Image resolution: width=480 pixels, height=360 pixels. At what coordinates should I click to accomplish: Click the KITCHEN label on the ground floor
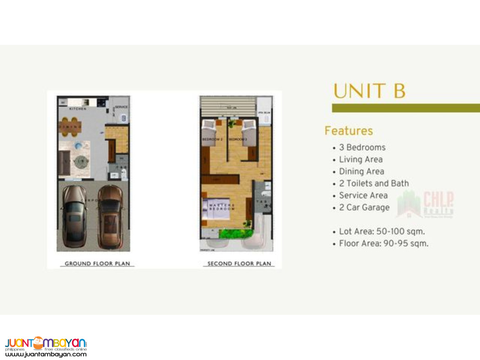pyautogui.click(x=78, y=109)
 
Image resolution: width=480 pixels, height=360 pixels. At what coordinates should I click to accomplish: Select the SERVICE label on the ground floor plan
pyautogui.click(x=121, y=107)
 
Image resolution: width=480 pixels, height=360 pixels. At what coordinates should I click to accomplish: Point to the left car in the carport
pyautogui.click(x=74, y=215)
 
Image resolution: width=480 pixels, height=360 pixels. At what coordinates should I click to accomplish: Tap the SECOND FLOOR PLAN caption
pyautogui.click(x=239, y=264)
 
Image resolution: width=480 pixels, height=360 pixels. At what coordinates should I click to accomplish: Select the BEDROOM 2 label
pyautogui.click(x=212, y=139)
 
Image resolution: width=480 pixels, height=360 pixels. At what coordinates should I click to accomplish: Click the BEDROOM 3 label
pyautogui.click(x=238, y=139)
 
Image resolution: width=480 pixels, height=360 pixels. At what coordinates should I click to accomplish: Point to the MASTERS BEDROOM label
pyautogui.click(x=222, y=207)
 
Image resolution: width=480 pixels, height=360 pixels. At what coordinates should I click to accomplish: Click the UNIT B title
pyautogui.click(x=369, y=90)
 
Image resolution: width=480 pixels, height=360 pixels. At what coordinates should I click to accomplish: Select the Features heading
pyautogui.click(x=349, y=131)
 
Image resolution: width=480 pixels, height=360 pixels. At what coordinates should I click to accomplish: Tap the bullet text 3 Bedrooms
pyautogui.click(x=362, y=148)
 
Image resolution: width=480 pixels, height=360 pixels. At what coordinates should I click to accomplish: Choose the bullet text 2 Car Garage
pyautogui.click(x=364, y=207)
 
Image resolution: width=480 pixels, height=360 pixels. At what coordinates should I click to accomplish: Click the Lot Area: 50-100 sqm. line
pyautogui.click(x=382, y=232)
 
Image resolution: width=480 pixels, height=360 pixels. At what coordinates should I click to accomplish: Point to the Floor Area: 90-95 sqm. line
pyautogui.click(x=384, y=244)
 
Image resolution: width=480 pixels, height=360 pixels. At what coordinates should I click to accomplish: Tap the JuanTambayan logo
pyautogui.click(x=46, y=346)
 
